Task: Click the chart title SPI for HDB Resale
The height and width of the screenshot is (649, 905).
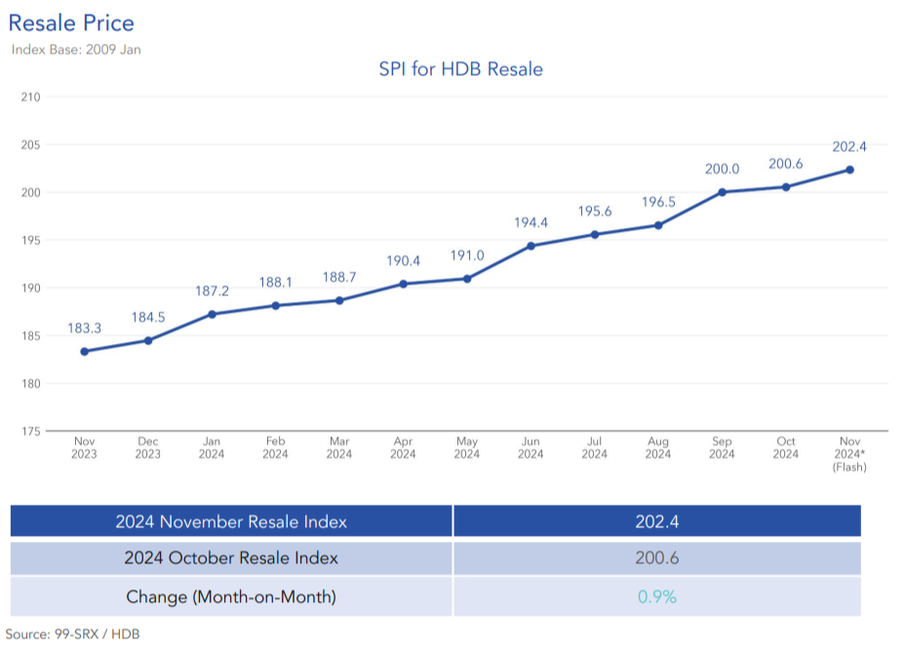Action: pyautogui.click(x=460, y=69)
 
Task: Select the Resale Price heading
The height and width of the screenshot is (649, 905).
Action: pyautogui.click(x=71, y=23)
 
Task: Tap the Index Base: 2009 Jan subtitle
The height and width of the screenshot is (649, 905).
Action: pyautogui.click(x=76, y=49)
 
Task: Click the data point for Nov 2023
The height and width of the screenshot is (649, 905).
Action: pyautogui.click(x=84, y=351)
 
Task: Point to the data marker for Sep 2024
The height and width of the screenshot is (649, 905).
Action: pyautogui.click(x=722, y=192)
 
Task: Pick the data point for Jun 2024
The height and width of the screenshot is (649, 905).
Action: pyautogui.click(x=531, y=246)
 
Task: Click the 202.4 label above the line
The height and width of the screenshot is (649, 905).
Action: pyautogui.click(x=848, y=147)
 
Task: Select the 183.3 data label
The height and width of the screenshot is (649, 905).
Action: pyautogui.click(x=84, y=328)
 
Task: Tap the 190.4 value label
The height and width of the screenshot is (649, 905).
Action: pyautogui.click(x=403, y=261)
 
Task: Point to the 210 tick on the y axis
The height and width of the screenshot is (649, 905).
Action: pyautogui.click(x=30, y=96)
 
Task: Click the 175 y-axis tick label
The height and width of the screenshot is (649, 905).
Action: pyautogui.click(x=30, y=431)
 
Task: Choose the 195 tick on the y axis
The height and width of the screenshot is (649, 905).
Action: pyautogui.click(x=30, y=240)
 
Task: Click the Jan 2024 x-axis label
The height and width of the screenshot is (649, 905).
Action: pyautogui.click(x=212, y=448)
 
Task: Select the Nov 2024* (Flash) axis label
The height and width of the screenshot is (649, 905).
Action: pyautogui.click(x=848, y=454)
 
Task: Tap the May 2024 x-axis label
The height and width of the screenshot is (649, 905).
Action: pyautogui.click(x=466, y=448)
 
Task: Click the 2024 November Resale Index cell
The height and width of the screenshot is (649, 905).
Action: pyautogui.click(x=231, y=521)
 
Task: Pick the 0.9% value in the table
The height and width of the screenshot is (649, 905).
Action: pyautogui.click(x=656, y=596)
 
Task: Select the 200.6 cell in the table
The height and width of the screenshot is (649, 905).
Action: pyautogui.click(x=656, y=558)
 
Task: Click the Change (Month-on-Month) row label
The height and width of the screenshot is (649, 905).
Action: pyautogui.click(x=231, y=596)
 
